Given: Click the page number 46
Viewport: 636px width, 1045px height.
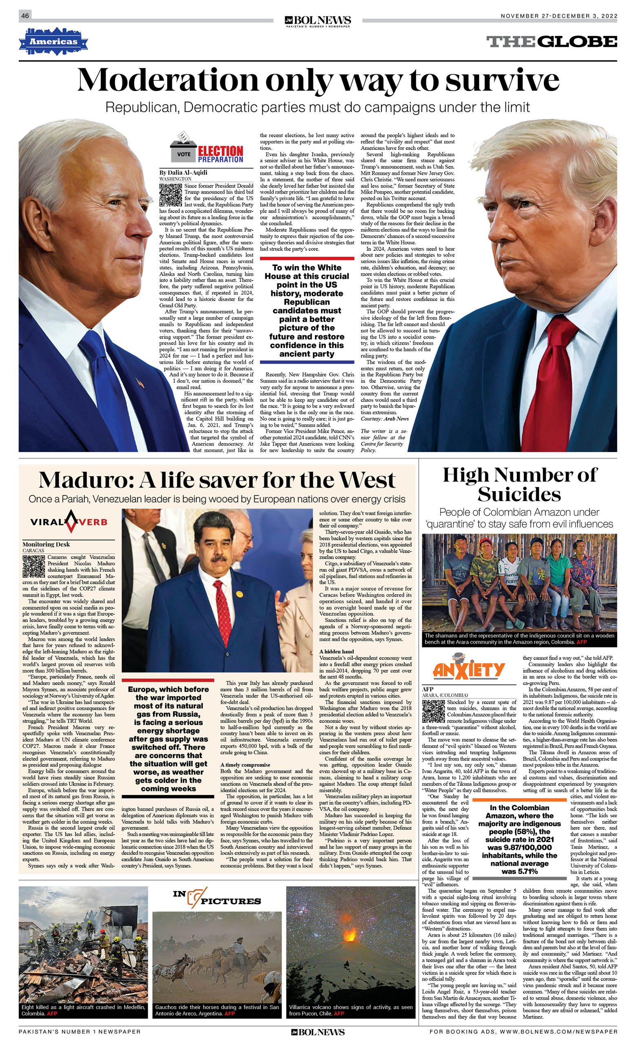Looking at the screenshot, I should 25,16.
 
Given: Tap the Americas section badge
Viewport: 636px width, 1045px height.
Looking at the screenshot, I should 53,42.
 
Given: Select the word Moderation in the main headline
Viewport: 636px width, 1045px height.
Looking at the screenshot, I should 167,80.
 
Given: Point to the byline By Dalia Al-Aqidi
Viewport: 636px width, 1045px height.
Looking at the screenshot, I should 183,173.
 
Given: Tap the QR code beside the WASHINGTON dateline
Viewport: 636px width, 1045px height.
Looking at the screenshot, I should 171,195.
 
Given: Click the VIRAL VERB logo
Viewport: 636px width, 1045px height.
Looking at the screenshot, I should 69,521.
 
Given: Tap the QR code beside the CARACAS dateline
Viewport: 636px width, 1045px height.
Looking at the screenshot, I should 33,566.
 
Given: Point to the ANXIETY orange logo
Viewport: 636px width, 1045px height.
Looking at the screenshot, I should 468,670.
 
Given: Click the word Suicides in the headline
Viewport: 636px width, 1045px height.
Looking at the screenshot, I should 519,495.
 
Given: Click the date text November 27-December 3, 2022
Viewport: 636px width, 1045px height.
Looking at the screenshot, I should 558,16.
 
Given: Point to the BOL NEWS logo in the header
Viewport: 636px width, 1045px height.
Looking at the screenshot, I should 318,20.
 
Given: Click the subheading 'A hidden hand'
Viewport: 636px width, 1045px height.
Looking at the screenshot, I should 337,651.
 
